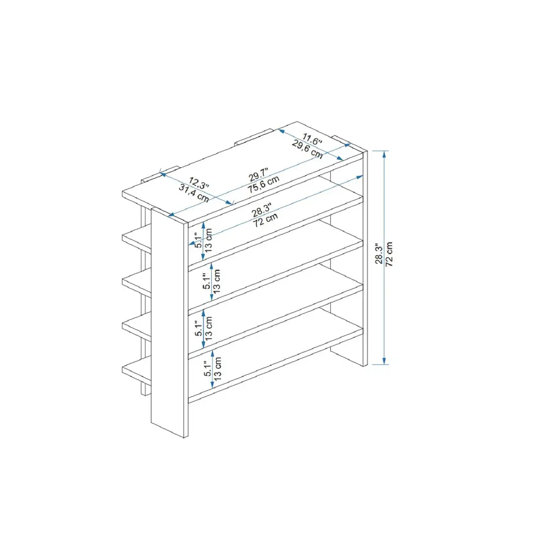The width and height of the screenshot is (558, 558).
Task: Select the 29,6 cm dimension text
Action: pos(307,149)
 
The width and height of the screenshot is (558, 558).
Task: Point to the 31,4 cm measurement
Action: pos(194,193)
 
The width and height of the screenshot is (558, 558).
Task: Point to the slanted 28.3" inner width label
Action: pos(262,209)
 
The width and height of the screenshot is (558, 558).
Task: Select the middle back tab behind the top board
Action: pos(252,137)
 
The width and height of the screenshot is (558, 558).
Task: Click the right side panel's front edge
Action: pos(365,259)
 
